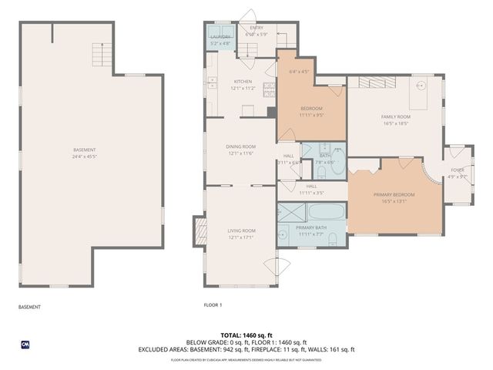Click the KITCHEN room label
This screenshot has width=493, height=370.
tap(243, 82)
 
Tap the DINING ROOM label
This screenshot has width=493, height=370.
tap(241, 146)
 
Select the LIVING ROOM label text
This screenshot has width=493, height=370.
tap(241, 230)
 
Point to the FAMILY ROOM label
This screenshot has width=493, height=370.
tap(394, 116)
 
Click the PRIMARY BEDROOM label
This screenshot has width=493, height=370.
tap(394, 195)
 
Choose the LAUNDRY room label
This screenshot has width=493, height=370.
tap(220, 37)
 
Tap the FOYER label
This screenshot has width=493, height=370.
tap(458, 170)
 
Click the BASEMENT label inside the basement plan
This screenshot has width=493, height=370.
tap(85, 150)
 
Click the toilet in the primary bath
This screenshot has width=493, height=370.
tap(333, 239)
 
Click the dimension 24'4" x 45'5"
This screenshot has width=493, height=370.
tap(85, 156)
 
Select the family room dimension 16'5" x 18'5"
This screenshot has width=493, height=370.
tap(394, 123)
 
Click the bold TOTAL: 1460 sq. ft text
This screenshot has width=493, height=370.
tap(246, 335)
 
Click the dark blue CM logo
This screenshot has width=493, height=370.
tap(25, 344)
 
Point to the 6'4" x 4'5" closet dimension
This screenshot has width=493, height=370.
tap(298, 72)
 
